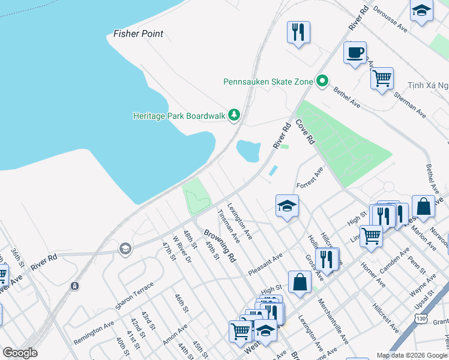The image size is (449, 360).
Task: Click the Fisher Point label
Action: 139,34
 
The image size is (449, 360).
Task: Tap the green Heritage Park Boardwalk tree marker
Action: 234,115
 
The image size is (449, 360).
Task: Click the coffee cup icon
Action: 355,52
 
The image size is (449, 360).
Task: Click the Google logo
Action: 20,352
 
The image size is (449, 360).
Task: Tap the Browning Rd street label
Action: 219,245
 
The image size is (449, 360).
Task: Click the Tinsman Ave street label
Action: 229,226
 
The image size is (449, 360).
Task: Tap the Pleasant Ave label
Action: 265,264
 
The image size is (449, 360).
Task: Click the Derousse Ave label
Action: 390,21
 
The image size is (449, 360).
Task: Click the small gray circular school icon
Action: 125,249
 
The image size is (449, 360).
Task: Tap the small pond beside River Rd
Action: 249,151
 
